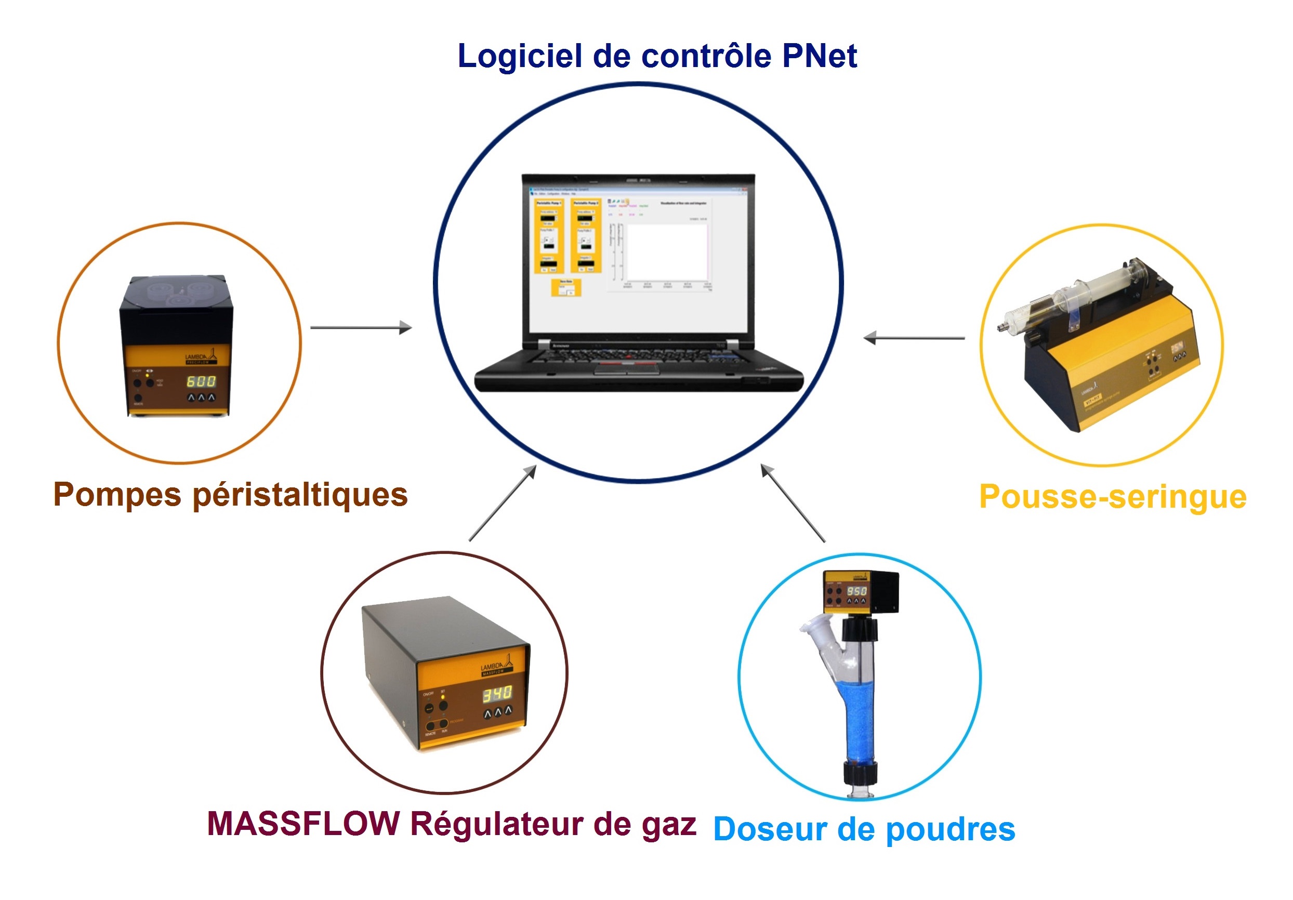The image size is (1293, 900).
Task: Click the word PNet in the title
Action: (x=820, y=56)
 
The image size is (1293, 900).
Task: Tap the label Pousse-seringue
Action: (x=1113, y=497)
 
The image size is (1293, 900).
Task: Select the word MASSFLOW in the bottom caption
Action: (x=304, y=824)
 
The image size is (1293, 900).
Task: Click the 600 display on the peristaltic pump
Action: (x=201, y=381)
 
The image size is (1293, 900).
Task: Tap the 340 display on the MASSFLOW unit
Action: (x=497, y=694)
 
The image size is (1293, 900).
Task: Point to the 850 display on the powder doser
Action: (x=856, y=591)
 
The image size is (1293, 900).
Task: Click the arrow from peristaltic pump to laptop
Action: (x=361, y=327)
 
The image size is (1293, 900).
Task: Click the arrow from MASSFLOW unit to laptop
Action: (x=503, y=503)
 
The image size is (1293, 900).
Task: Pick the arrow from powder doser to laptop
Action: (x=793, y=503)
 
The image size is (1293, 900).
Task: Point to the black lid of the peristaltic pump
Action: (x=176, y=304)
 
